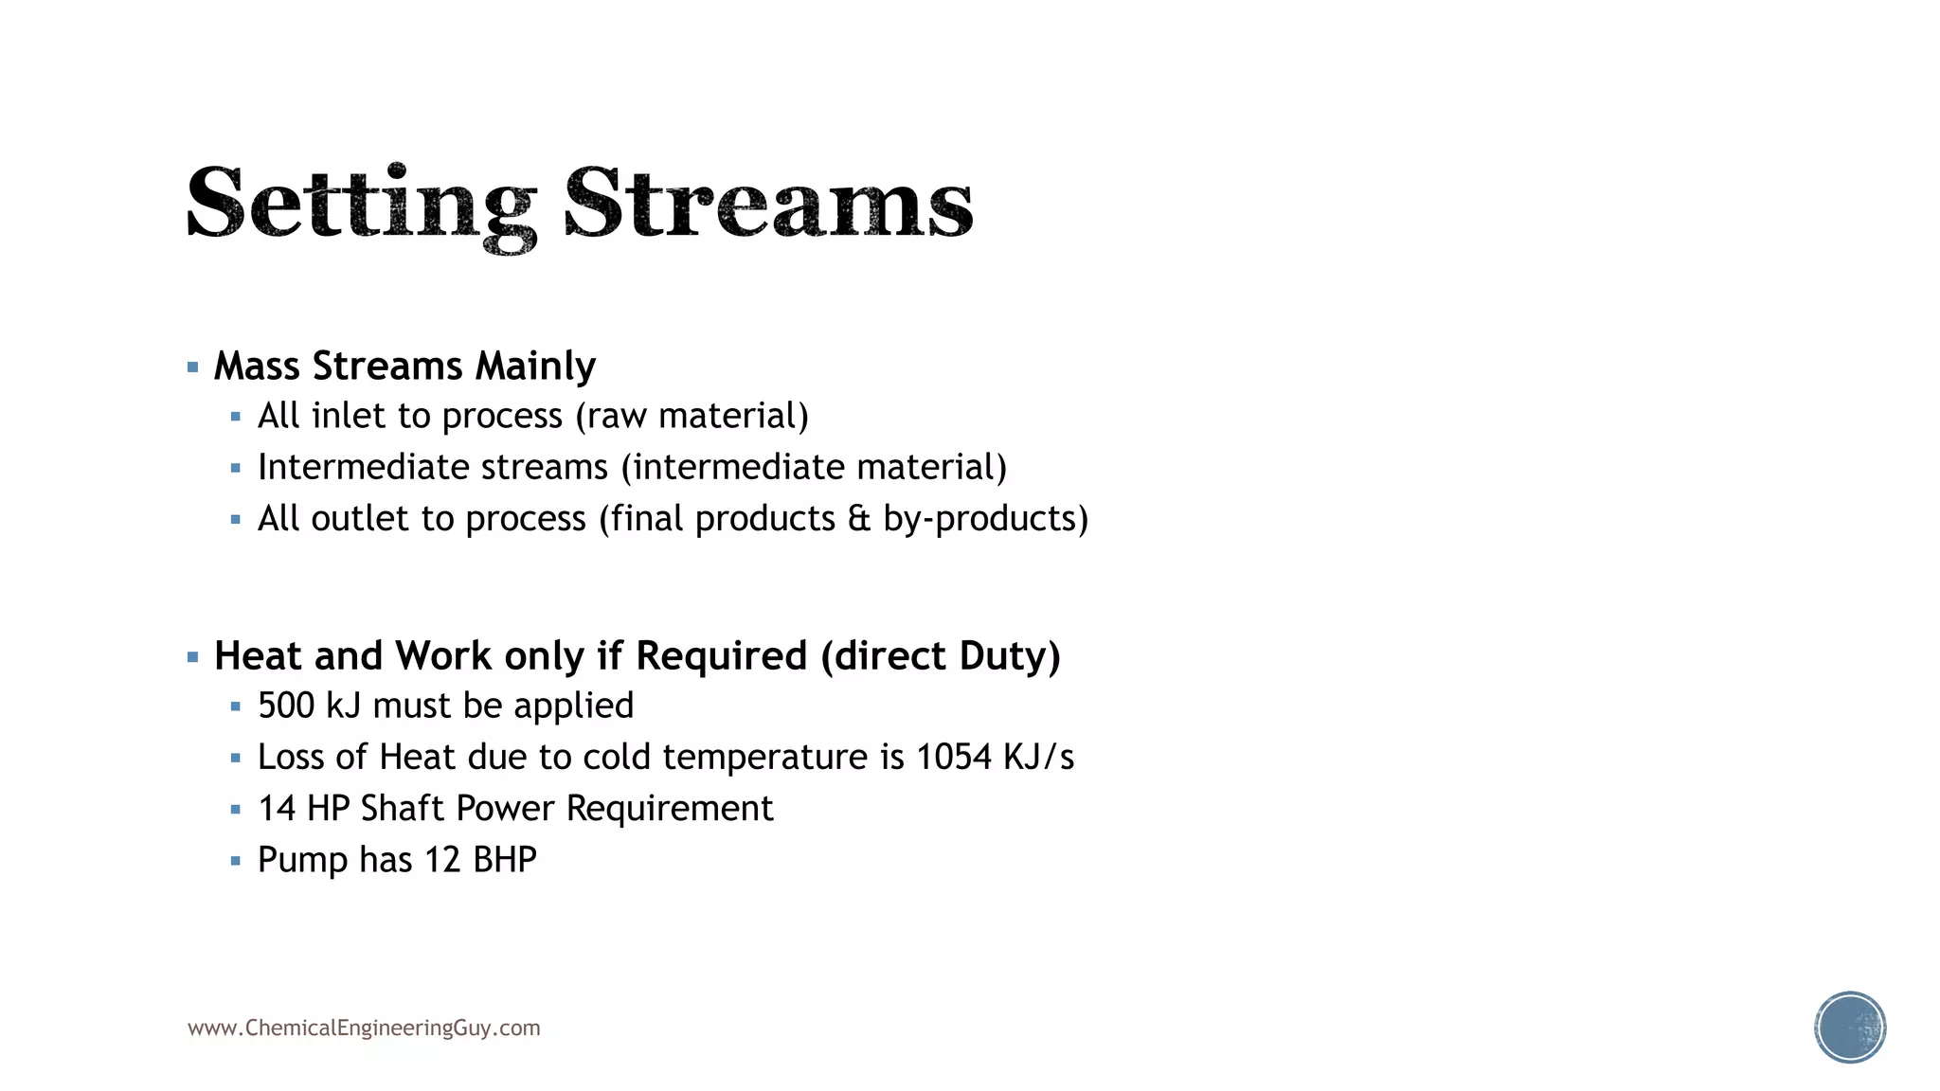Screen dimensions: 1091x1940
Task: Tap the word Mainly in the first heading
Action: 535,367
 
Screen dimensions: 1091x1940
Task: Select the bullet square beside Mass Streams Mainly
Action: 193,367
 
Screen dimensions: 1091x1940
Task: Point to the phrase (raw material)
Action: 692,417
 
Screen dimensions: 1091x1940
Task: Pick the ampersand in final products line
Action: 858,519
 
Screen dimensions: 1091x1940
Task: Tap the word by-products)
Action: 985,519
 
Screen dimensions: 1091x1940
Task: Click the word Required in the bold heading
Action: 721,656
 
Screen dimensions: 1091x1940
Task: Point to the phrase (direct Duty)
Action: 941,656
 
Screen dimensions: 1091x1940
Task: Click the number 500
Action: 285,706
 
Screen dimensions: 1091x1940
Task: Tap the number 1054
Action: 953,758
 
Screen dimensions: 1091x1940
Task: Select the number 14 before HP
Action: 277,809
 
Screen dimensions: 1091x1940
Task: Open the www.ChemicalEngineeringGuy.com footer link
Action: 364,1028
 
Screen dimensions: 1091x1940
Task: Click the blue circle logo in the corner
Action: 1850,1028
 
